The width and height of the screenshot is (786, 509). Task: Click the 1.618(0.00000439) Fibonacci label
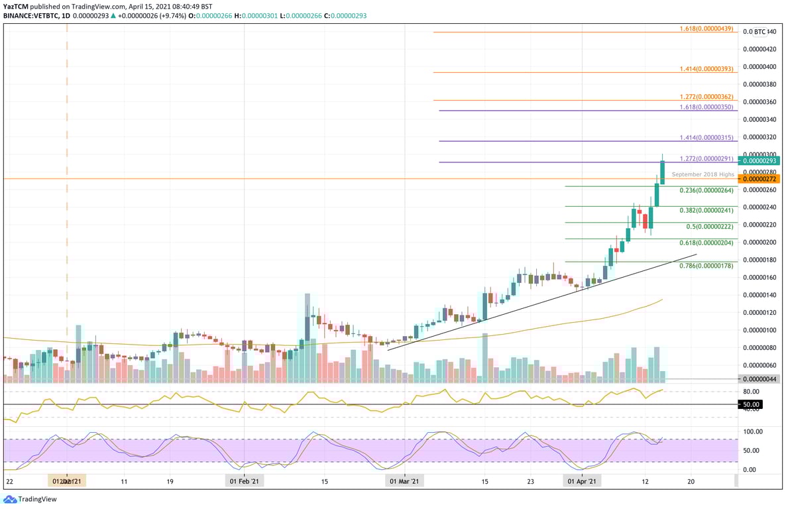click(707, 29)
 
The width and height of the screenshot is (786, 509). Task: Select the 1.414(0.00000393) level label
click(707, 69)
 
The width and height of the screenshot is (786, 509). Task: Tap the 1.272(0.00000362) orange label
click(707, 97)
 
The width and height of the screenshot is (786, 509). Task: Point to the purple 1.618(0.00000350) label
click(707, 107)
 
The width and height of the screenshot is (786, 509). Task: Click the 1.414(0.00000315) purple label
click(707, 138)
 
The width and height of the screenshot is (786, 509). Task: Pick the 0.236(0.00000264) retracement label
click(707, 190)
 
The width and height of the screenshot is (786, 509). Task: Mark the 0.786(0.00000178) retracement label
click(707, 266)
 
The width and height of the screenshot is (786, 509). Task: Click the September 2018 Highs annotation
click(702, 174)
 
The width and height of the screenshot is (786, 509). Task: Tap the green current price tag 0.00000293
click(760, 160)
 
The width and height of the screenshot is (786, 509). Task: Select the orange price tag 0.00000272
click(760, 179)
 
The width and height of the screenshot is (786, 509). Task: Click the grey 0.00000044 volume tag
click(760, 378)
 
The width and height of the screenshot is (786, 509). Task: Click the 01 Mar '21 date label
click(404, 481)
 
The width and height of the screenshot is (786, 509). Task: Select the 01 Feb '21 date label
click(245, 481)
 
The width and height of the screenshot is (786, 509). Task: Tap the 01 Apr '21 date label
click(582, 481)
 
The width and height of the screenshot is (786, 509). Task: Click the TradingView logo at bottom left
click(21, 499)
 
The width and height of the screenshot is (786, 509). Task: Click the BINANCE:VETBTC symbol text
click(30, 15)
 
